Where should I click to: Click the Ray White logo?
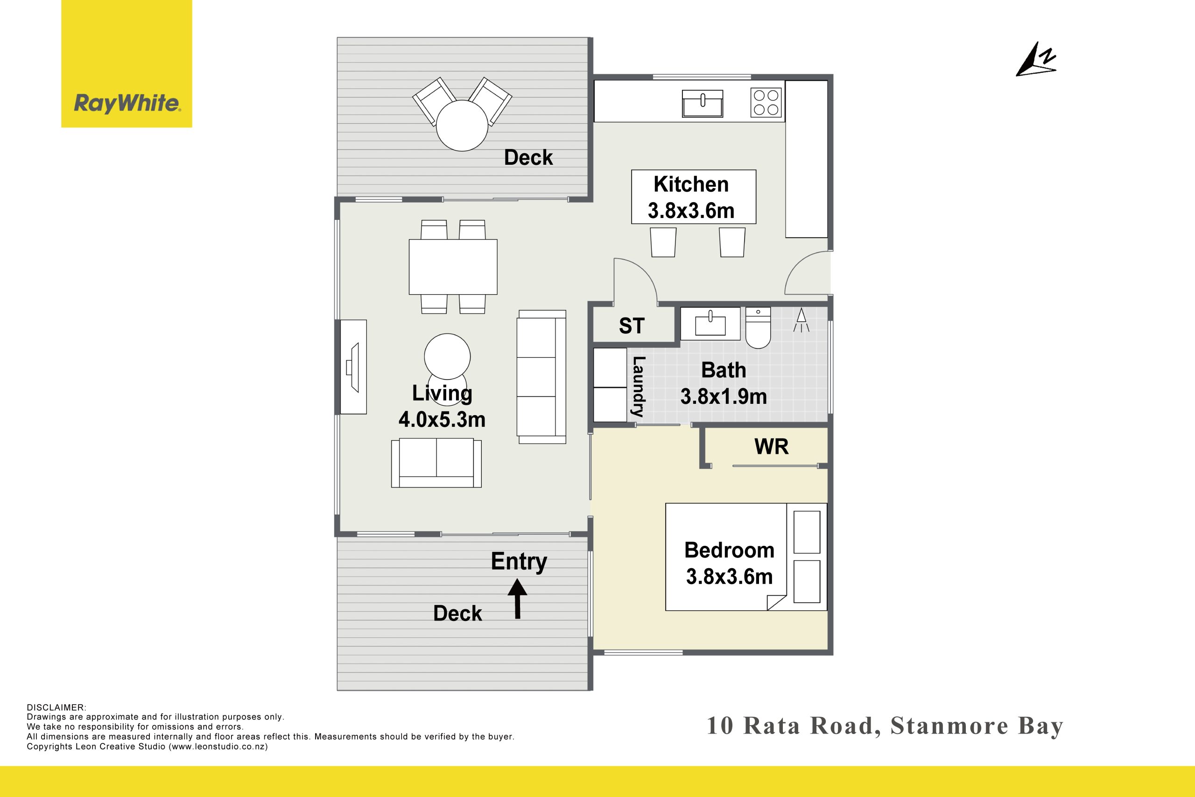127,63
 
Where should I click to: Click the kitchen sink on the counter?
702,104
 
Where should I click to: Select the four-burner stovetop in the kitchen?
766,103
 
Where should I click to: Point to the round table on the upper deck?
462,125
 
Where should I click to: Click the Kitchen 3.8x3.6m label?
691,197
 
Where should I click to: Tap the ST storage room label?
632,326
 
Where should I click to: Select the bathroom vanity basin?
710,323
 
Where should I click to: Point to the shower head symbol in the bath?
801,320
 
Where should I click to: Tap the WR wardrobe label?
771,447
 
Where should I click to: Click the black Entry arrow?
517,600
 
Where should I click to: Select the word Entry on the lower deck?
519,562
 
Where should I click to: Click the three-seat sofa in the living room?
541,377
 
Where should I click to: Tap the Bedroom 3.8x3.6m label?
729,563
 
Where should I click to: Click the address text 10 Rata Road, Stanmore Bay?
885,726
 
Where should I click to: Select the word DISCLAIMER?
56,707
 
